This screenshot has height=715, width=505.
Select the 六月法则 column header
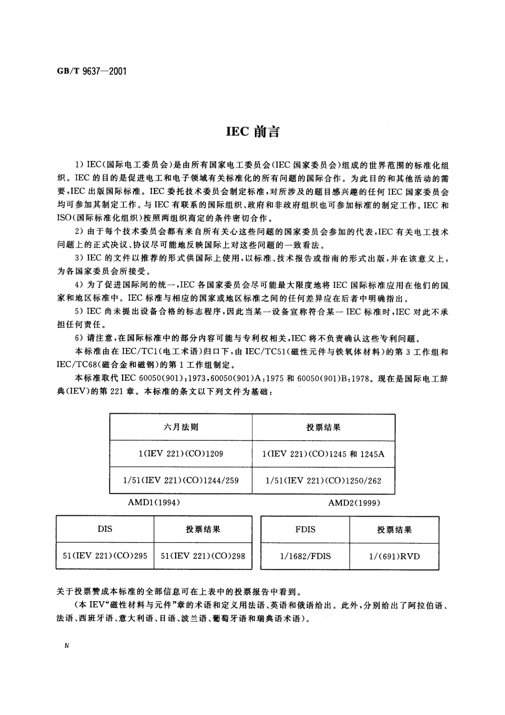181,427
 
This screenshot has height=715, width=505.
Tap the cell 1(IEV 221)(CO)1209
181,453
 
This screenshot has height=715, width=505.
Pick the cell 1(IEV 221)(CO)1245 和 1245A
323,454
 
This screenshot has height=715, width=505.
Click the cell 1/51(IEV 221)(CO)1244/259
181,480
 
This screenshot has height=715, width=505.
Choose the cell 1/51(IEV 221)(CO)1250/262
323,481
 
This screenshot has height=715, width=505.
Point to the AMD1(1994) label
154,503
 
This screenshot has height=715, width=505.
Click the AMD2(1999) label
354,503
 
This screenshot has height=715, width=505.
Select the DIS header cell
105,529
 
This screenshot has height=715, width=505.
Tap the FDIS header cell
305,529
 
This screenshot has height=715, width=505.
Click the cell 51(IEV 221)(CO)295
105,555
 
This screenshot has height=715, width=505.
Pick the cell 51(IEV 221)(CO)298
203,555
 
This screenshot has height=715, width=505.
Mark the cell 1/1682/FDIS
305,556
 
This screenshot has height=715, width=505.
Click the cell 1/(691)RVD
394,556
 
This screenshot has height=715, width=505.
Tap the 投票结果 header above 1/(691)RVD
394,529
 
